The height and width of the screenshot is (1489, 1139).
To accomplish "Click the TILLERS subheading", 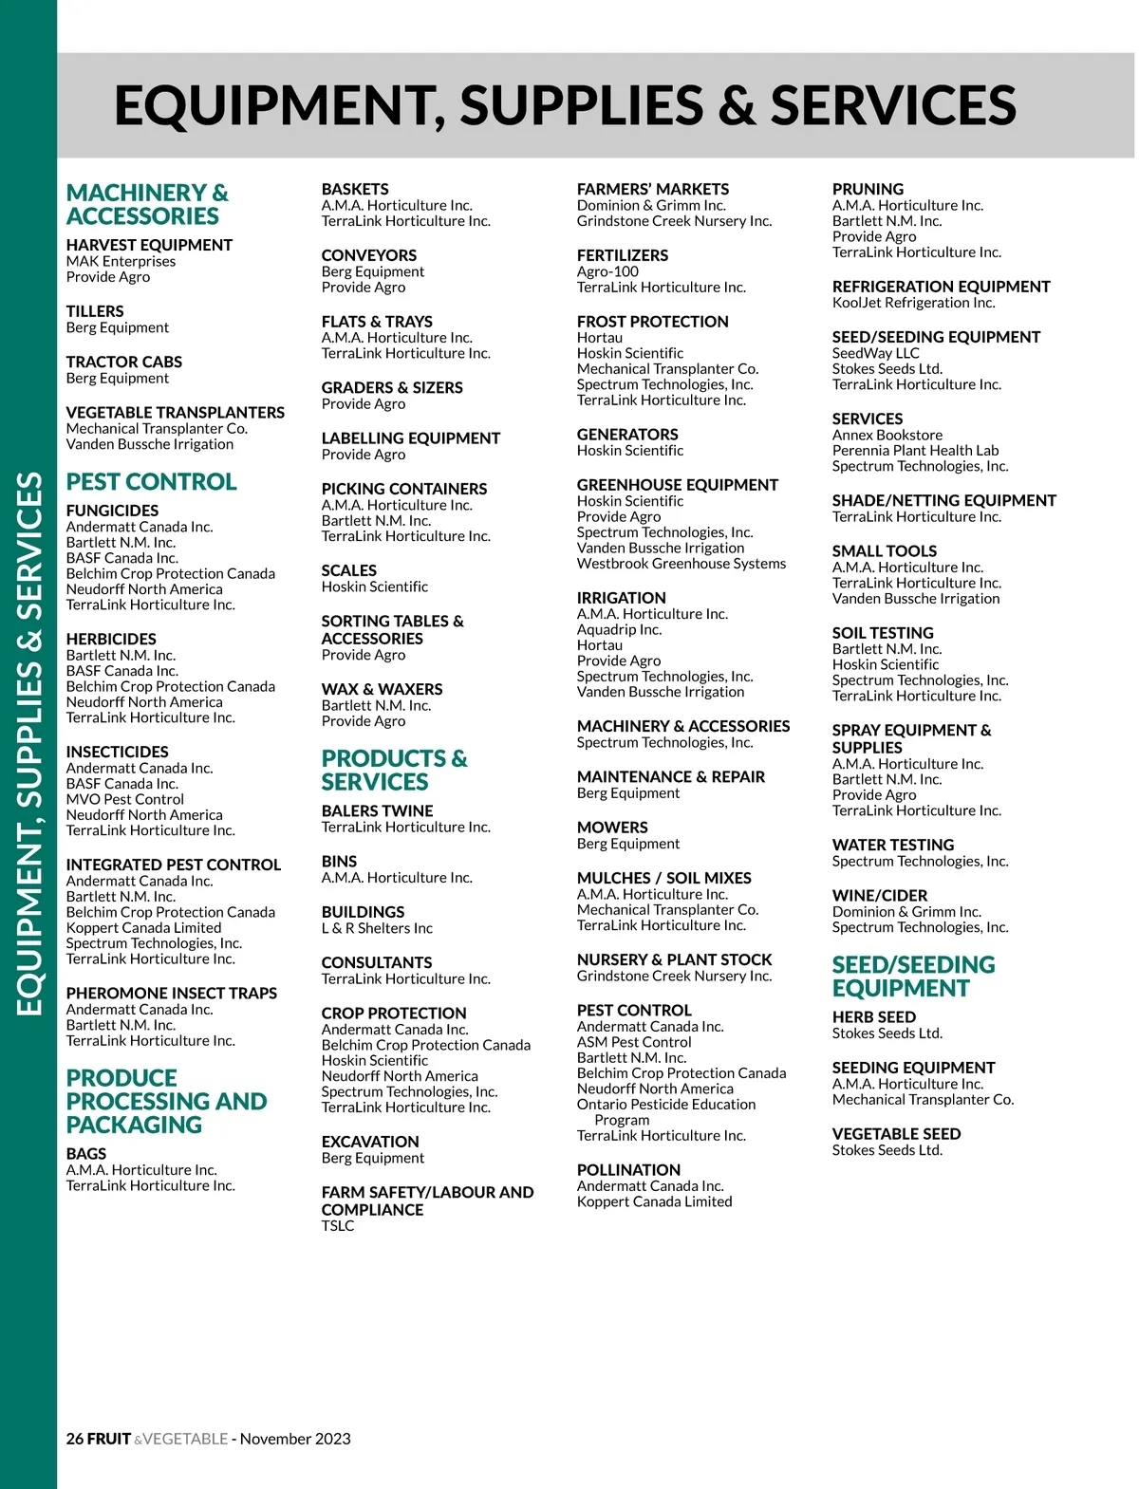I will (x=95, y=311).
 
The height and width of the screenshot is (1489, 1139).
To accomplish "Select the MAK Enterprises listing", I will (x=121, y=261).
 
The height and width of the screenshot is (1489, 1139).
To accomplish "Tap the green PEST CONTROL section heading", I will (x=151, y=482).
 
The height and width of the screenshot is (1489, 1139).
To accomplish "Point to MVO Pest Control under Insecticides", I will (x=124, y=799).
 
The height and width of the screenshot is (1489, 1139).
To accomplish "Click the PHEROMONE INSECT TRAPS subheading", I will (x=171, y=993).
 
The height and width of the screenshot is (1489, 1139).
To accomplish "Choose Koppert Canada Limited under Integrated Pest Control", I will (x=143, y=927).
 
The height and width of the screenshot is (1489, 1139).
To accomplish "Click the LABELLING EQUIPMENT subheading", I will (x=410, y=438).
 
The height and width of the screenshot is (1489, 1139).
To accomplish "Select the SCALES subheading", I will (x=348, y=570).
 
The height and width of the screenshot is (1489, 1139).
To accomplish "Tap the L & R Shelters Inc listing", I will (x=377, y=928).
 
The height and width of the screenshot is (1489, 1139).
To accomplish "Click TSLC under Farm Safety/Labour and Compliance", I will (x=337, y=1225).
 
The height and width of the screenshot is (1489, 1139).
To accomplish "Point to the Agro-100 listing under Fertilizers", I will (x=607, y=271).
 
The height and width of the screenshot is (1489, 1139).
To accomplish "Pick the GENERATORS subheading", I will (x=627, y=435).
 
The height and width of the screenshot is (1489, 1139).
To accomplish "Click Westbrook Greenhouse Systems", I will (x=681, y=564).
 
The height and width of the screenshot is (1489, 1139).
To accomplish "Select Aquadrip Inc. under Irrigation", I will (x=619, y=629).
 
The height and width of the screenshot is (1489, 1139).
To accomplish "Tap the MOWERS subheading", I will (x=612, y=828).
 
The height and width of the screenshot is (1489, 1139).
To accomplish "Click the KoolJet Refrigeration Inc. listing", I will (x=913, y=303).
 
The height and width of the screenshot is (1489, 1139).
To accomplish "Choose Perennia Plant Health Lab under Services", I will (x=915, y=451).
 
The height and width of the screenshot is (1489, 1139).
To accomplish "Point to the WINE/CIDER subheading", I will (x=879, y=896).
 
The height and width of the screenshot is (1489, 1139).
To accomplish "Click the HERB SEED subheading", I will (x=873, y=1017).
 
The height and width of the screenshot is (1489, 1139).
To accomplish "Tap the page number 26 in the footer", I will (x=75, y=1439).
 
